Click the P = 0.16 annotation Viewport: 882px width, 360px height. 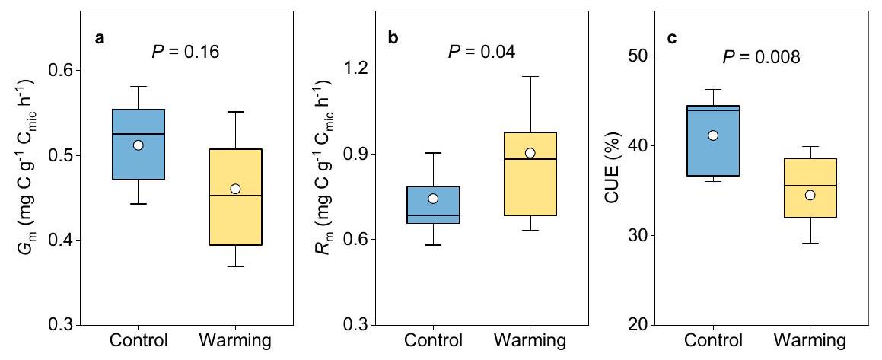183,53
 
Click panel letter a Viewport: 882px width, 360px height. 99,38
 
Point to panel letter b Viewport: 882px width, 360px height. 393,37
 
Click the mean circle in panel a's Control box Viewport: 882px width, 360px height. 138,145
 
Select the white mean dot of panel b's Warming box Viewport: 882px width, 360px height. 530,153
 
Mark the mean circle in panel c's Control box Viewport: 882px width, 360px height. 712,135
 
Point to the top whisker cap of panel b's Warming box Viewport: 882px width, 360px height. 530,76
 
